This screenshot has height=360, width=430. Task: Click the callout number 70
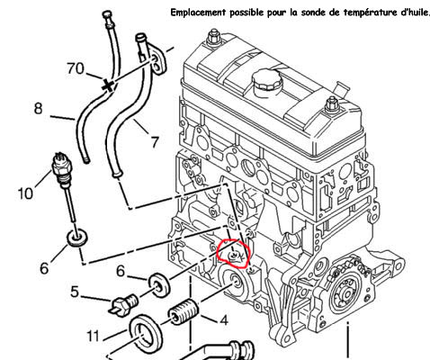click(x=76, y=68)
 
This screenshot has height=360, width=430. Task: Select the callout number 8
click(x=38, y=108)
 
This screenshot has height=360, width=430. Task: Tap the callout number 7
click(x=155, y=142)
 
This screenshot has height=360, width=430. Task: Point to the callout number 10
click(x=25, y=193)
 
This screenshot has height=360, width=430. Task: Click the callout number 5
click(x=75, y=292)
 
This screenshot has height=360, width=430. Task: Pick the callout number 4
click(x=224, y=320)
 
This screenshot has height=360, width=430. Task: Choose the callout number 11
click(x=93, y=336)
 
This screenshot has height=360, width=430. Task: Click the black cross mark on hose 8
click(x=108, y=85)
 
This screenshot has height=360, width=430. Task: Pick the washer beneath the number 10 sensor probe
click(x=77, y=238)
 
